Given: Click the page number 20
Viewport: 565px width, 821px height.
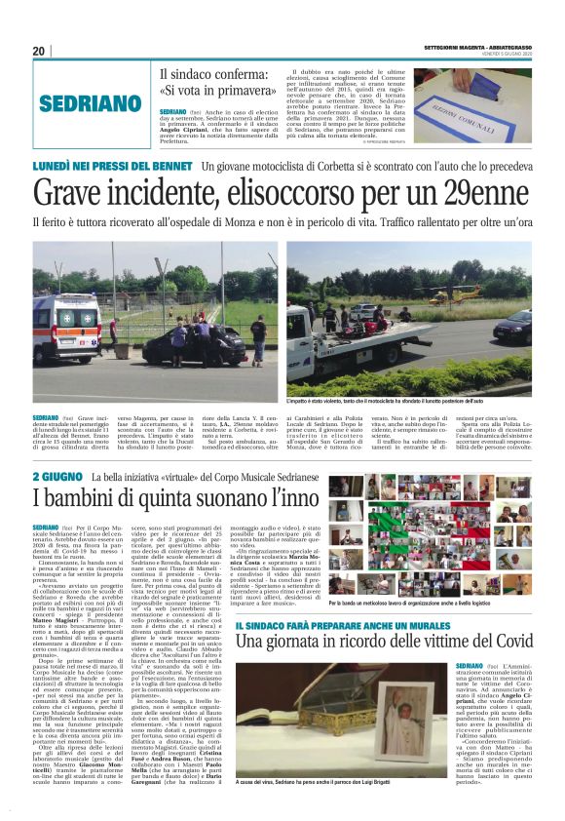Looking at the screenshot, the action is [39, 51].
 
